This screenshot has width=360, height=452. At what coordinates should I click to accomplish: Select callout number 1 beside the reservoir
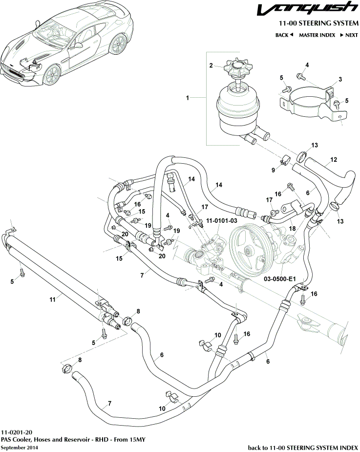187,98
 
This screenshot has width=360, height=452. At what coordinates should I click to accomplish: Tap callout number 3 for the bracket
340,79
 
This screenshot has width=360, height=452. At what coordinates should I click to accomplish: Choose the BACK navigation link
284,35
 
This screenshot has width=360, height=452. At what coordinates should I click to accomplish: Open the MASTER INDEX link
317,35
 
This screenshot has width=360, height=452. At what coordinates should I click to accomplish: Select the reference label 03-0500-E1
281,279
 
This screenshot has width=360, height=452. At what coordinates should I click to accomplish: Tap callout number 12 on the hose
334,159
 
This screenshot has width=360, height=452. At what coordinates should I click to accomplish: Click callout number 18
292,228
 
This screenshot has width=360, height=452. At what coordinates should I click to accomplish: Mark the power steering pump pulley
248,252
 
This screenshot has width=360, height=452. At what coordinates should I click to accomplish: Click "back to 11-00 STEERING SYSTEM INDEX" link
303,447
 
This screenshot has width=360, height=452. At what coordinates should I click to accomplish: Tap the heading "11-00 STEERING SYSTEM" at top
318,23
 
